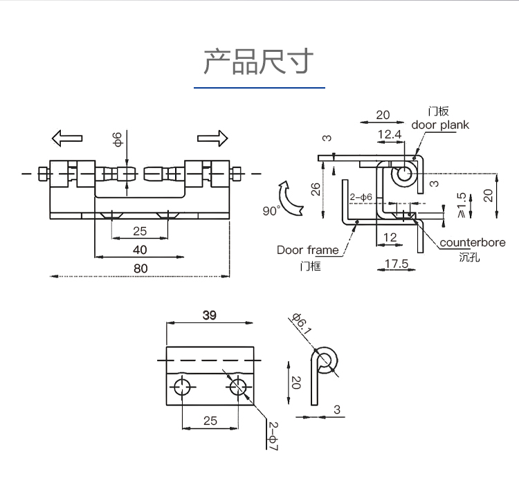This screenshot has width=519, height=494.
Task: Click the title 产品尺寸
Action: tap(259, 62)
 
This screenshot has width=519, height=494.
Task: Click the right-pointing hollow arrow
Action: tap(212, 138)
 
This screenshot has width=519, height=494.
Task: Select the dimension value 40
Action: tap(140, 249)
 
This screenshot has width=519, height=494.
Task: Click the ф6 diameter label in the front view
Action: tap(118, 138)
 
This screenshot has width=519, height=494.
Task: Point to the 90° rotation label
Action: tap(271, 210)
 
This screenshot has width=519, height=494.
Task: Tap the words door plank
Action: tap(440, 125)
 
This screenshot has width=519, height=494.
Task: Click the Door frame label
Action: tap(308, 250)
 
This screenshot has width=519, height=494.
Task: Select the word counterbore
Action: tap(473, 242)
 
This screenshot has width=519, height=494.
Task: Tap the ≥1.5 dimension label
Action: tap(462, 205)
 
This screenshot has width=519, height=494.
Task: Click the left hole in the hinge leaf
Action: tap(182, 387)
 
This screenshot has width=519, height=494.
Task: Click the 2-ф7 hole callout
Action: tap(272, 437)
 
